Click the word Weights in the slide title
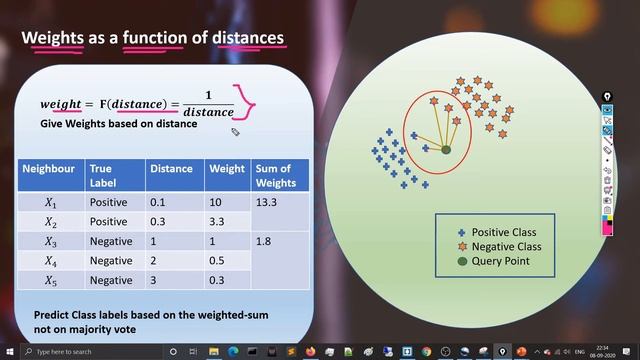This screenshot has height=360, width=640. [54, 38]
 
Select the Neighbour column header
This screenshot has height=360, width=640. [48, 169]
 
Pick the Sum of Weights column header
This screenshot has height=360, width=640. [276, 176]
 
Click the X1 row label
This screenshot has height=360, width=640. [50, 201]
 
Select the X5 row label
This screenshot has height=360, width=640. [50, 281]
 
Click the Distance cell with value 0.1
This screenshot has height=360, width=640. [159, 201]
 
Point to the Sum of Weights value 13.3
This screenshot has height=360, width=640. [268, 201]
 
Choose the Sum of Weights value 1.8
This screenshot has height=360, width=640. [264, 241]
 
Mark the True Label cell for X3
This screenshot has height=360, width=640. [110, 241]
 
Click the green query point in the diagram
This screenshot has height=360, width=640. [446, 150]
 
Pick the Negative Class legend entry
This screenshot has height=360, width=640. [505, 246]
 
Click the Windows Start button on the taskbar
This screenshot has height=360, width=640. [9, 352]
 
